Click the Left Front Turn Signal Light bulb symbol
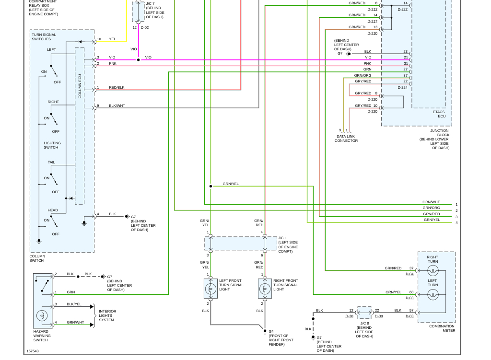point(210,289)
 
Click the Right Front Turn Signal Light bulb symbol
point(264,289)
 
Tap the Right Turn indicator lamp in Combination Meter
point(433,271)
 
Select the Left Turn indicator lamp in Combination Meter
point(433,294)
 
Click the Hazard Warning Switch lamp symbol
point(42,316)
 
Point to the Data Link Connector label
point(346,139)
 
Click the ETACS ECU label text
point(439,114)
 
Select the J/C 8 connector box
point(364,313)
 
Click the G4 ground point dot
point(265,331)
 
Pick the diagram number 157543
point(33,351)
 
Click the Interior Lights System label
point(107,315)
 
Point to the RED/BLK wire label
point(117,88)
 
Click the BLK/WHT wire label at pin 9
point(117,105)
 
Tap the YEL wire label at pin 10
point(112,39)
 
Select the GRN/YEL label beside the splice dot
point(230,184)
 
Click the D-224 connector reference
point(402,88)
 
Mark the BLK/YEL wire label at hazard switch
point(74,304)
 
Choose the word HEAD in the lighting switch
point(53,210)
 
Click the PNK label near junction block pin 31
point(367,63)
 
